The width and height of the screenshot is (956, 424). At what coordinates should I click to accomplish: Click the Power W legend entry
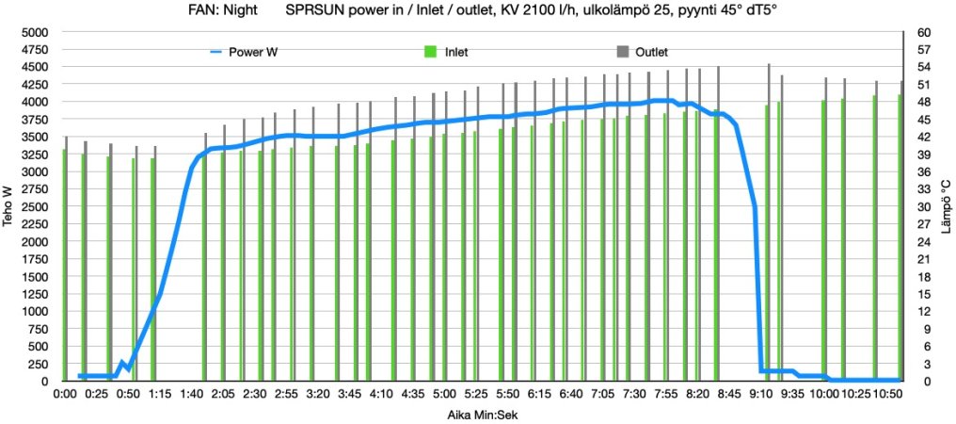point(252,52)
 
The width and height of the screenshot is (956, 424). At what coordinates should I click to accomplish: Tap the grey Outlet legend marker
point(622,52)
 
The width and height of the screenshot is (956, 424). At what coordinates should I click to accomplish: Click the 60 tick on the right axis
point(923,32)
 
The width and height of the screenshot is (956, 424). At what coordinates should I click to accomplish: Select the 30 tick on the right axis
point(923,206)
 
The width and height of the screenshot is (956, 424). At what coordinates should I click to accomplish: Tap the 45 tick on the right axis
point(923,120)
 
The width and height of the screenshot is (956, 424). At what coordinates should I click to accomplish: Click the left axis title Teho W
point(9,206)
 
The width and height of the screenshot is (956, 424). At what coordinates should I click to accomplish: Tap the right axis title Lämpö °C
point(946,206)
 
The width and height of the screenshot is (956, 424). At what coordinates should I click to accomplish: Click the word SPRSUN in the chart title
point(312,12)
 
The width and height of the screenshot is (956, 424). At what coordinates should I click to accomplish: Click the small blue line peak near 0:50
point(122,362)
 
